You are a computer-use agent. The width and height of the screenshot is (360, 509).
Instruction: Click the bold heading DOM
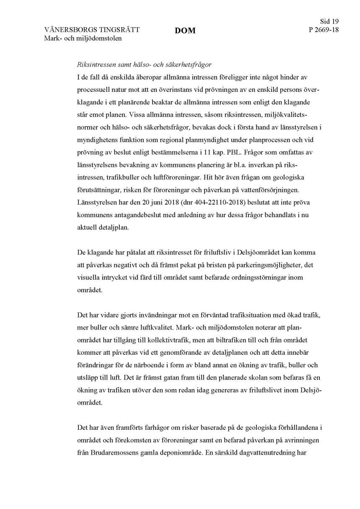pos(185,31)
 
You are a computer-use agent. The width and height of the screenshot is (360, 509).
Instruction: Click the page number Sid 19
pos(329,21)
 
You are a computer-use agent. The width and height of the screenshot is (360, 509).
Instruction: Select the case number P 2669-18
pos(323,30)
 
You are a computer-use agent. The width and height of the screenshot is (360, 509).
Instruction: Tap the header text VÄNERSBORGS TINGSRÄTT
pos(92,30)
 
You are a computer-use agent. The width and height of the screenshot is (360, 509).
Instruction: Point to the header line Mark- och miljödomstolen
pos(83,39)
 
